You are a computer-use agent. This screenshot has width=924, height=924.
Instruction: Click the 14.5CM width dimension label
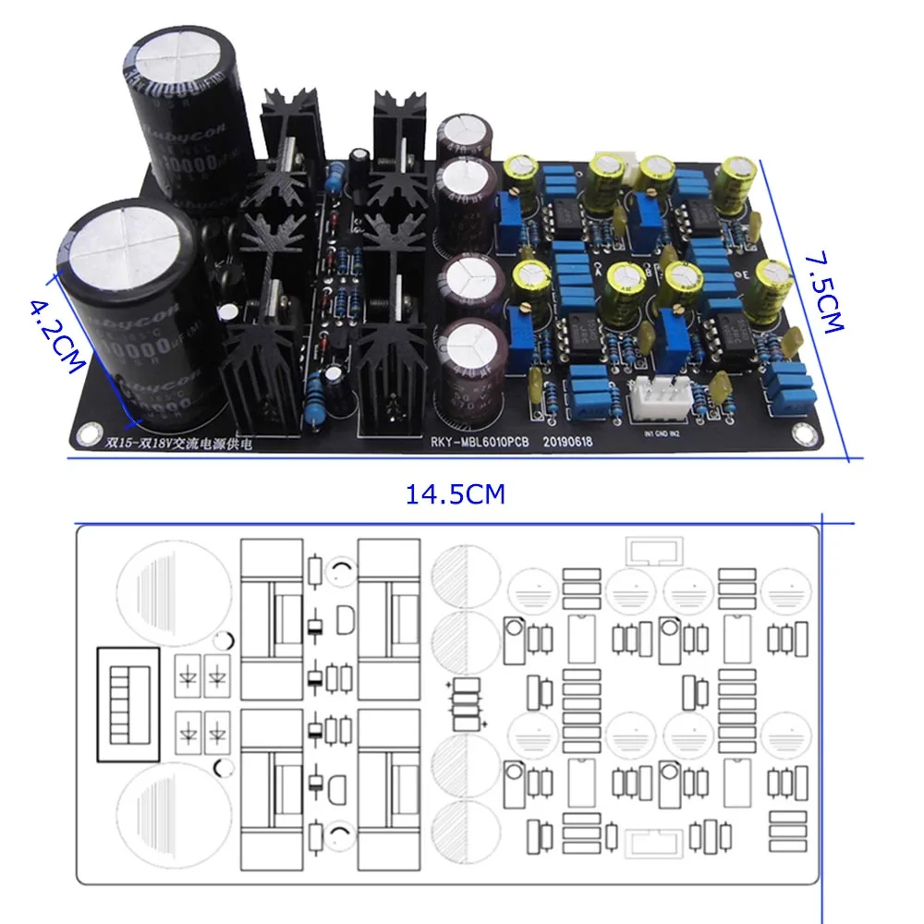coord(456,494)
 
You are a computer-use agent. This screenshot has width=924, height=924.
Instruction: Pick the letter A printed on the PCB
coord(601,271)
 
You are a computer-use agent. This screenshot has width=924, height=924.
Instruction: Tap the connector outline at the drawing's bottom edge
coord(652,843)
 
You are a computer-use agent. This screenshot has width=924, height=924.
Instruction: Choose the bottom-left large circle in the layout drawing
coord(169,817)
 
